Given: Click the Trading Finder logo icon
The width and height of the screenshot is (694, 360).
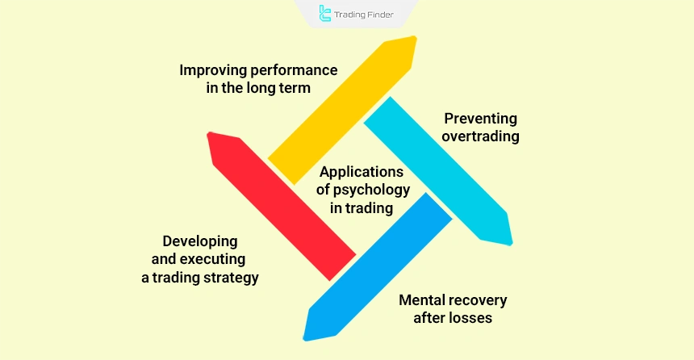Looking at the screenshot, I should pyautogui.click(x=325, y=13).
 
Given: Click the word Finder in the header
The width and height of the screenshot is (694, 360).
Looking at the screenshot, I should pyautogui.click(x=383, y=14).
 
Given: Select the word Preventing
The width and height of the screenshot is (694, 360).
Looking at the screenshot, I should pyautogui.click(x=481, y=119).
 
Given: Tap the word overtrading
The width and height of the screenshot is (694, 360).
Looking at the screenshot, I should pyautogui.click(x=481, y=136).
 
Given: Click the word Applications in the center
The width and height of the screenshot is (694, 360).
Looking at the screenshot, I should pyautogui.click(x=361, y=172).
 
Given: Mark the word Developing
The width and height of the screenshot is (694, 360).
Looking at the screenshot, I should pyautogui.click(x=200, y=241).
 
